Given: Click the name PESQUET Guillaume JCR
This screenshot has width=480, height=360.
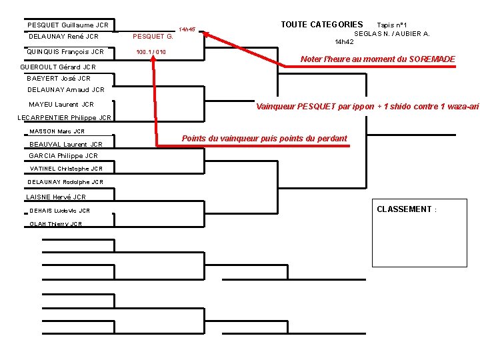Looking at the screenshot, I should coord(68,25).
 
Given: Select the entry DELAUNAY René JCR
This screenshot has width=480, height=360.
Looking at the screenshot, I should coord(64,37).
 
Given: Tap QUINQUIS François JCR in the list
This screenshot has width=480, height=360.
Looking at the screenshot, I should coord(65,51).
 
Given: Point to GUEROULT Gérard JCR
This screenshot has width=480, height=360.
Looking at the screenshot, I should coord(59,67).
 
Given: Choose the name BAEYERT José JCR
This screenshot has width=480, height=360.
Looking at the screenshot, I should coord(59,79).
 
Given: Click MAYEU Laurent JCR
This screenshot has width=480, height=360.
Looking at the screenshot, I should coord(61,104).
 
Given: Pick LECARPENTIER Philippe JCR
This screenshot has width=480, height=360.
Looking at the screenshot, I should coord(64,119).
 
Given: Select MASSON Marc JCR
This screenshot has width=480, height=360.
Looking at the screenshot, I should coord(57,131).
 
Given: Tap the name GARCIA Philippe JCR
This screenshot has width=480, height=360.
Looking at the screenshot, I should coord(63,156).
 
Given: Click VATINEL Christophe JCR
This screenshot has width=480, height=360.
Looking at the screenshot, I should coord(65,169).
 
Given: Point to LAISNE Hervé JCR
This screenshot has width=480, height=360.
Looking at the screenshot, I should coord(56,197).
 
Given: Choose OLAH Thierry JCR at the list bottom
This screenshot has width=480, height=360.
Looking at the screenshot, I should coord(56,224).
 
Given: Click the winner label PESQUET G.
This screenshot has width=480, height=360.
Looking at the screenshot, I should coord(153,37).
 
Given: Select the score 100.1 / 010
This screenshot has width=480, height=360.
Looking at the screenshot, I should coord(151,51).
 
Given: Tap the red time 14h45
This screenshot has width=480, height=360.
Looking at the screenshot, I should coord(187,30).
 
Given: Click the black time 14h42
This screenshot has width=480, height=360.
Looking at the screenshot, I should coord(344,41).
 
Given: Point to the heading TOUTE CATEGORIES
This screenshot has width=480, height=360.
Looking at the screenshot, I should coord(322,25).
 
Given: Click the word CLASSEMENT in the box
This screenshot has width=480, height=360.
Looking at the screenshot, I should coord(404,209).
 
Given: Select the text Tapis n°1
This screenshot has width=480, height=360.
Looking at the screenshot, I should coord(397,25).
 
